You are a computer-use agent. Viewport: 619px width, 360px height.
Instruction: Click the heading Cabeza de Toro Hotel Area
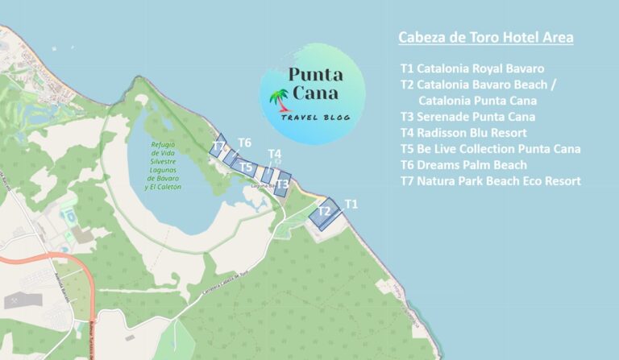[x=486, y=38]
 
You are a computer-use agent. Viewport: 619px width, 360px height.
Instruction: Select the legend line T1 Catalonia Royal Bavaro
[x=472, y=68]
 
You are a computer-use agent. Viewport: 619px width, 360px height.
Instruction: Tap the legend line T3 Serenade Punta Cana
[x=467, y=117]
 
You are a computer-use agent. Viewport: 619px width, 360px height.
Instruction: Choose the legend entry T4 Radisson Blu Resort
[x=463, y=133]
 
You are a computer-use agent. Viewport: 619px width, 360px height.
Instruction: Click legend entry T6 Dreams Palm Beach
[x=463, y=165]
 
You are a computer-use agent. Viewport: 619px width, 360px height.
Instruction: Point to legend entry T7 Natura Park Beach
[x=490, y=181]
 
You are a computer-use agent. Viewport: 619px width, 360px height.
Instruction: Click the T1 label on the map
[x=351, y=204]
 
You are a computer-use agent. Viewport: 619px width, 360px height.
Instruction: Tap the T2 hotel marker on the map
[x=324, y=213]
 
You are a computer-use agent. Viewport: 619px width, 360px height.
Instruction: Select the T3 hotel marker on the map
[x=282, y=184]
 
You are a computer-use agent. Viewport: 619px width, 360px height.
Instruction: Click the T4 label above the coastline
[x=275, y=154]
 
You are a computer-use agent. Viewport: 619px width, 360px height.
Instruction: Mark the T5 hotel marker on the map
[x=247, y=167]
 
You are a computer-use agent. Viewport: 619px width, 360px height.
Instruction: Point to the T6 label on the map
[x=244, y=143]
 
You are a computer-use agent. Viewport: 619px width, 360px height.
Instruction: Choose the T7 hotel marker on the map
[x=218, y=147]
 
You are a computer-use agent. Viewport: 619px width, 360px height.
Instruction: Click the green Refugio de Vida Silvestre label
[x=164, y=166]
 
